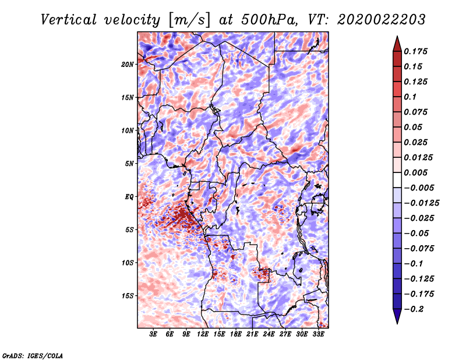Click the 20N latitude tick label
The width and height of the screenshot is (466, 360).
[127, 65]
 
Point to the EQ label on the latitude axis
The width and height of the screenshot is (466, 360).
[129, 197]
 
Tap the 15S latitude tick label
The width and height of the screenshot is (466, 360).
[127, 296]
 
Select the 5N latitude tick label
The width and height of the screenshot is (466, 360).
[129, 164]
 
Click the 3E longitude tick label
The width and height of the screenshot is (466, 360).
[153, 334]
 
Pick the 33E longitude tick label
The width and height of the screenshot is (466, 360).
[318, 334]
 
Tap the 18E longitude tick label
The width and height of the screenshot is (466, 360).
[236, 334]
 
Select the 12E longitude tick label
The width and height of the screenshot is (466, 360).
[203, 334]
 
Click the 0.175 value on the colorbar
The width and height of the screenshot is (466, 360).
[415, 51]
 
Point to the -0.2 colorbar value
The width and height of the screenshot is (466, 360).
[414, 309]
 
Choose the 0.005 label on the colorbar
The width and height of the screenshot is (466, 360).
[415, 172]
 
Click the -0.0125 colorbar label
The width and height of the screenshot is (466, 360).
[421, 203]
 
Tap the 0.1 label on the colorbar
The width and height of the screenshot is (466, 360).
[410, 97]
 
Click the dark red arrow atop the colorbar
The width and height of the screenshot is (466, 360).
[397, 44]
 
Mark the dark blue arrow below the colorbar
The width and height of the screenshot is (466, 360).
[397, 316]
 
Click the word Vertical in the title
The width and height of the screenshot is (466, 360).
[69, 20]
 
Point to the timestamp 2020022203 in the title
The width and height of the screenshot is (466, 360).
[382, 20]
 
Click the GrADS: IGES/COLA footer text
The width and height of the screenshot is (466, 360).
[33, 356]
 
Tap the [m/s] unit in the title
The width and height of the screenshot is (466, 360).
[189, 20]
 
